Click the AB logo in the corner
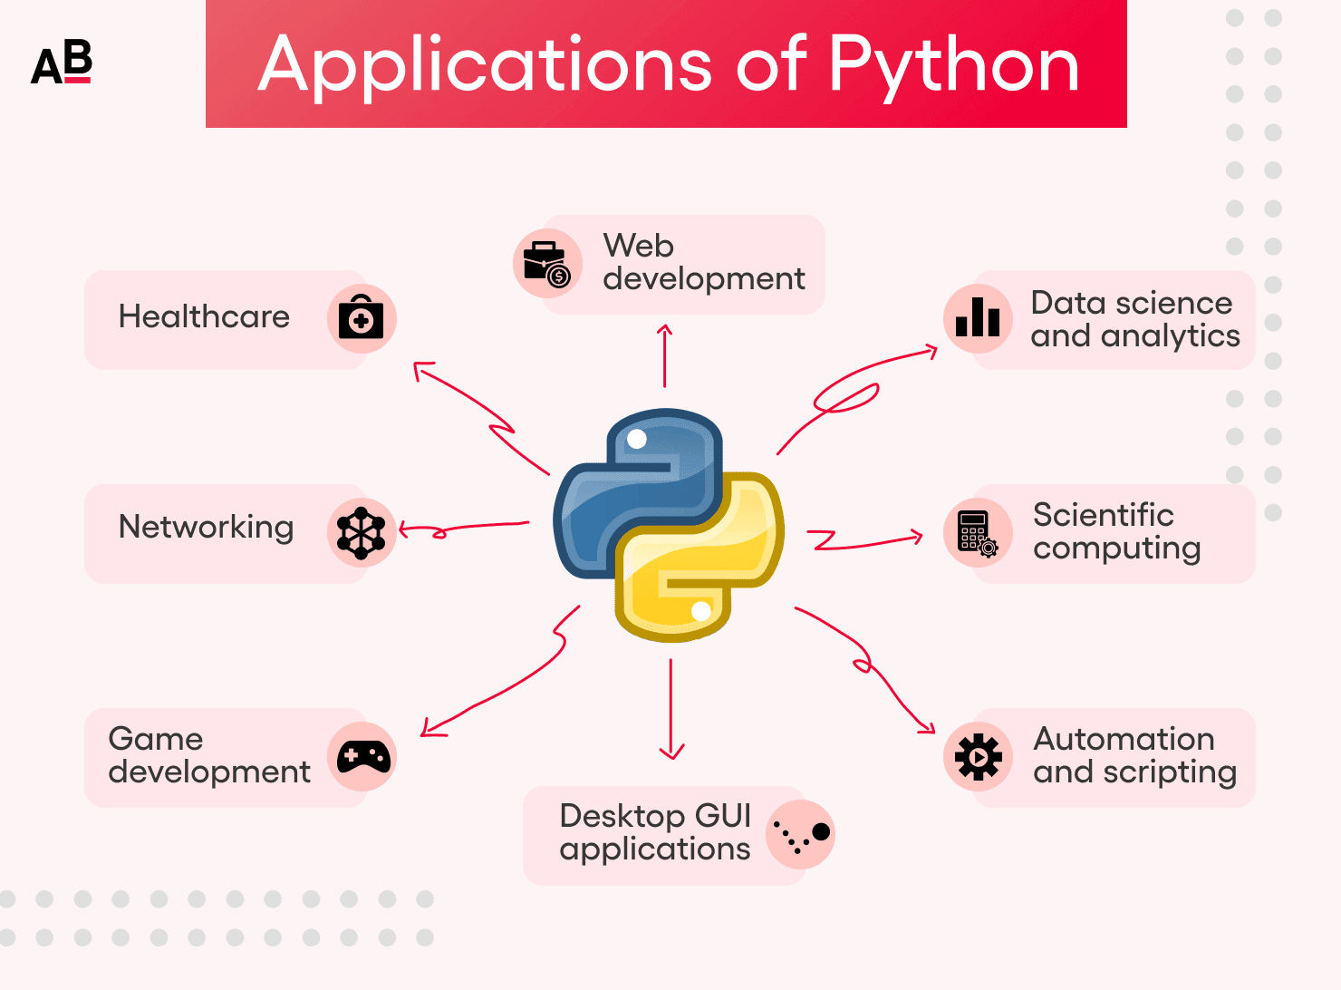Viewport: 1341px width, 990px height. (62, 63)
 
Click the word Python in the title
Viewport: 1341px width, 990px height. (953, 65)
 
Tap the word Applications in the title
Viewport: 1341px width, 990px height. (485, 65)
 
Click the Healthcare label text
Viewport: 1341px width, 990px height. (204, 317)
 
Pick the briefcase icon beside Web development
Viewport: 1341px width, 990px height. (546, 264)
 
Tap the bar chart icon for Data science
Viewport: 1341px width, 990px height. (978, 318)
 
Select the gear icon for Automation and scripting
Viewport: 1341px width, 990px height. (978, 756)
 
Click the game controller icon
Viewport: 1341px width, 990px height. (362, 757)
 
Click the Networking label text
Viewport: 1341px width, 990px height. (206, 528)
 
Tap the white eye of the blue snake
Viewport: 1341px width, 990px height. (637, 439)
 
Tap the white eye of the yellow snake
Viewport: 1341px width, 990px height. (700, 611)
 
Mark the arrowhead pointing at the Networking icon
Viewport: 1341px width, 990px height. (404, 531)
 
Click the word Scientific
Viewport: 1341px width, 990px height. (1103, 515)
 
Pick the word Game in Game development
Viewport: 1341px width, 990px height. (155, 739)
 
